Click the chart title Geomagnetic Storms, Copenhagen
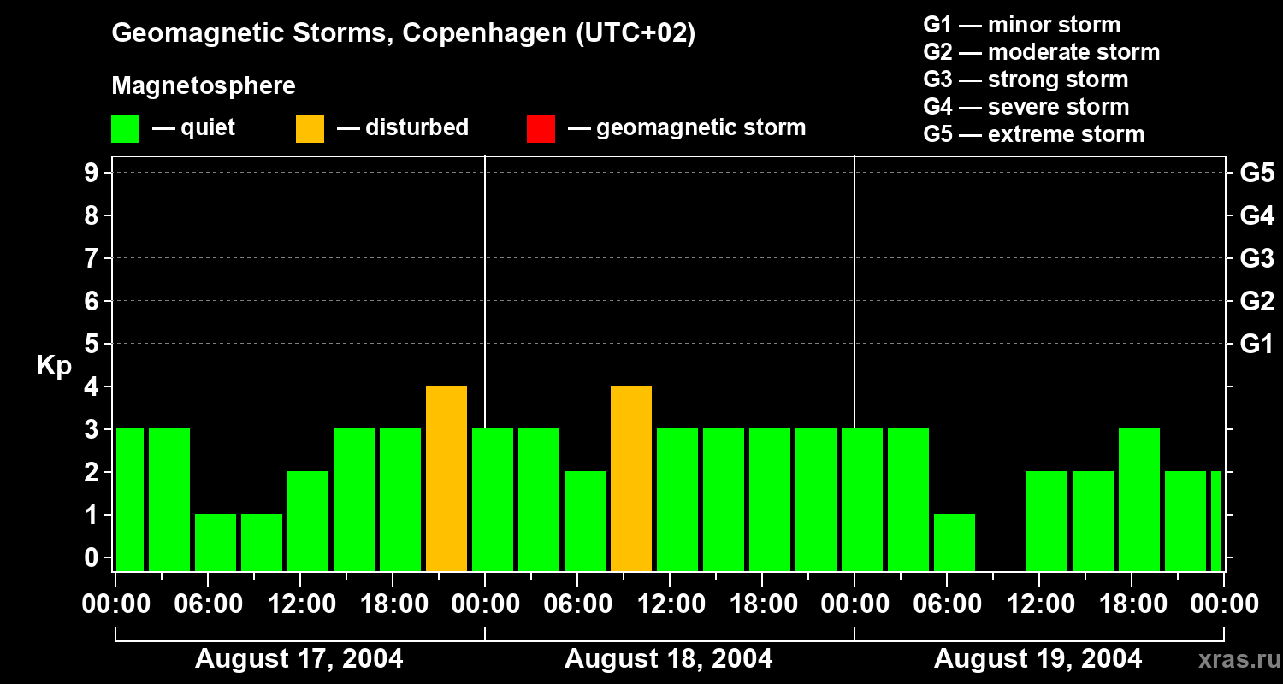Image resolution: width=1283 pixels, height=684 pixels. coord(403,33)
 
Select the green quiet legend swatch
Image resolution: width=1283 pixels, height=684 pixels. coord(126,129)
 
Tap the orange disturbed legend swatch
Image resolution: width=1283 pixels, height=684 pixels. coord(310,129)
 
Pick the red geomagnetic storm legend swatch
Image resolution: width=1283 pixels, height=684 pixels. coord(541,129)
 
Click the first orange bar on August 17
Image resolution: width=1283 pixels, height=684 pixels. coord(446,478)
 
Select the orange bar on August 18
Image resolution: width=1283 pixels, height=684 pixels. coord(631,478)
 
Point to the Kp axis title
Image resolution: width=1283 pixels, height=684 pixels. coord(54,366)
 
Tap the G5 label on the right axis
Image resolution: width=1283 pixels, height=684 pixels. coord(1256,174)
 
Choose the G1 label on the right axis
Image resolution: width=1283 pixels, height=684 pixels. coord(1256,345)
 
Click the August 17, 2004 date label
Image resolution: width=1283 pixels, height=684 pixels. coord(299,659)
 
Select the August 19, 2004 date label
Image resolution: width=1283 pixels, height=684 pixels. coord(1038,659)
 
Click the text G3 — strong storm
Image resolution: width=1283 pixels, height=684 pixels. coord(1026,80)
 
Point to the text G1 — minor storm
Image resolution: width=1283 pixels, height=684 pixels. coord(1021,25)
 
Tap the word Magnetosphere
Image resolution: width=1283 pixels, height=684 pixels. coord(204,86)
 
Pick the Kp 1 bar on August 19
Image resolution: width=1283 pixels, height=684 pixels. coord(955,542)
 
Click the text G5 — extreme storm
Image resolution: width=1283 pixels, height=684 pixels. coord(1033,134)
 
